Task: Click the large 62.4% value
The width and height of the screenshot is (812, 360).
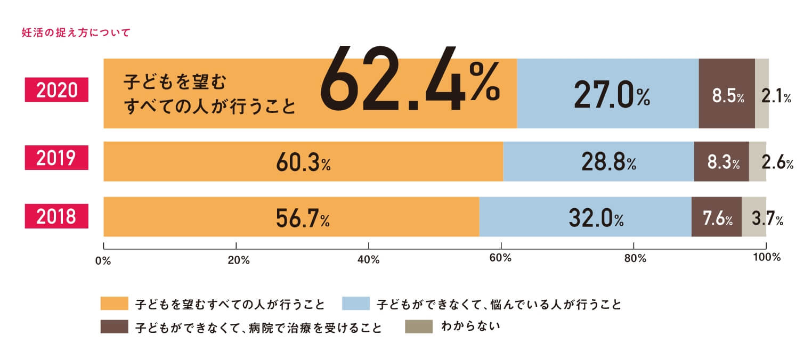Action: [x=410, y=81]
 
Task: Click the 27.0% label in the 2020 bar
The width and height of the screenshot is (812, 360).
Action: [x=612, y=96]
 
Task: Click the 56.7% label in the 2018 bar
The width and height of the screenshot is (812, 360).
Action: [x=302, y=218]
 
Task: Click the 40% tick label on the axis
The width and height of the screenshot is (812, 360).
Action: [x=368, y=259]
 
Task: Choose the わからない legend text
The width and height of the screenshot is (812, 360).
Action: [x=471, y=326]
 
